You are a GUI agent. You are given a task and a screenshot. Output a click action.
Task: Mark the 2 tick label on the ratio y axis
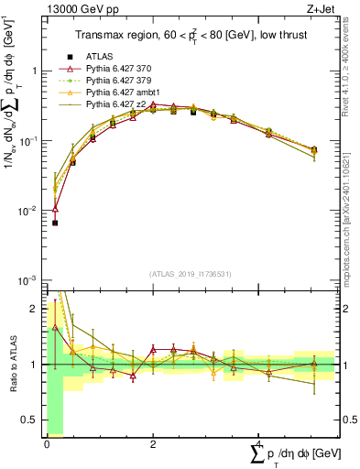tap(33, 309)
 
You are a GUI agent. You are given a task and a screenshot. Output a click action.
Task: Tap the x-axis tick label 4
tap(258, 443)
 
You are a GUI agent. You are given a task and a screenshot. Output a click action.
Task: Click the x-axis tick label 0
tap(47, 443)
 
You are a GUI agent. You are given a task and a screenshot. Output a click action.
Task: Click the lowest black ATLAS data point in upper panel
tap(55, 223)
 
